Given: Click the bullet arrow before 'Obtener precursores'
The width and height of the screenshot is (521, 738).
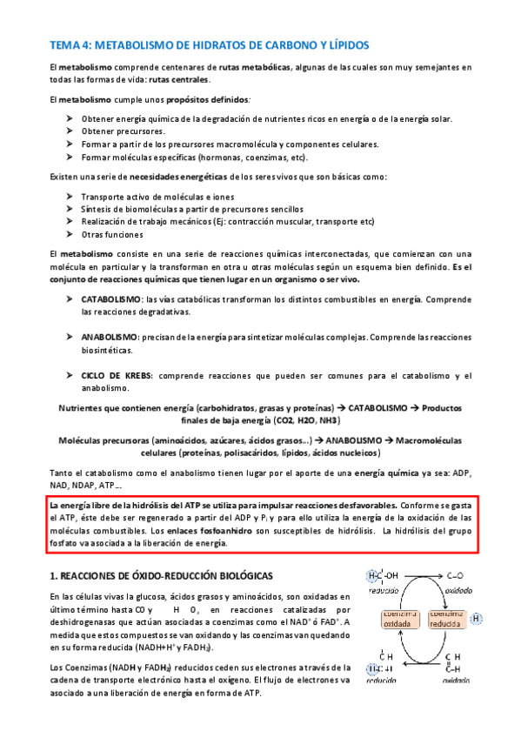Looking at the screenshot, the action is click(70, 131).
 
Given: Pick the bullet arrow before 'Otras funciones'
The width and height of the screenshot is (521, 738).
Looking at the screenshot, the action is click(70, 235).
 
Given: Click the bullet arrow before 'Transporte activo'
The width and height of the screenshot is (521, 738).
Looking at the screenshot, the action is click(70, 197).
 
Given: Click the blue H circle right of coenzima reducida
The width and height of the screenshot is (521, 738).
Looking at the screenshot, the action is click(478, 619).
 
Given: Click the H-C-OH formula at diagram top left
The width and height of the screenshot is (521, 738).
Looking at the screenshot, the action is click(383, 576).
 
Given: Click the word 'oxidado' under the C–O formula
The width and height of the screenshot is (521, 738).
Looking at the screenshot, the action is click(458, 588).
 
